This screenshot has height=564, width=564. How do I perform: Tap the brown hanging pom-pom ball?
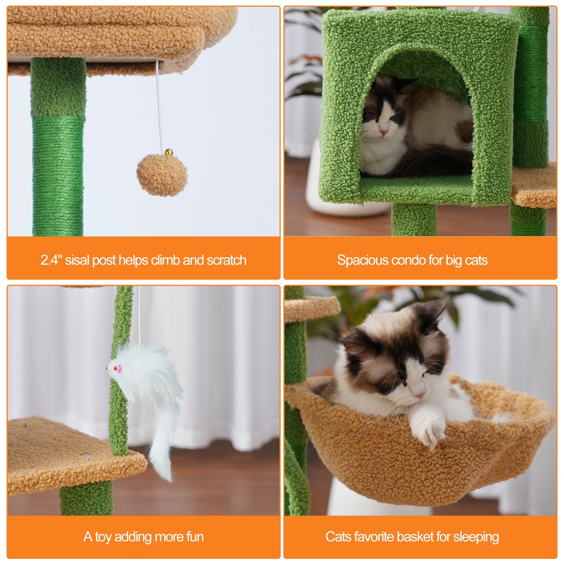(162, 175)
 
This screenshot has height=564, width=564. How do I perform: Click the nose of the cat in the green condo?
(384, 133)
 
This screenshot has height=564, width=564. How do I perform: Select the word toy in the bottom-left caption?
(103, 537)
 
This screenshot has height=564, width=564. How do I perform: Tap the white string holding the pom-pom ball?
(159, 105)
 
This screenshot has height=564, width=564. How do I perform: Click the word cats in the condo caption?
(476, 260)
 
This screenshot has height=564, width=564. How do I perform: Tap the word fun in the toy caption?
(195, 537)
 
